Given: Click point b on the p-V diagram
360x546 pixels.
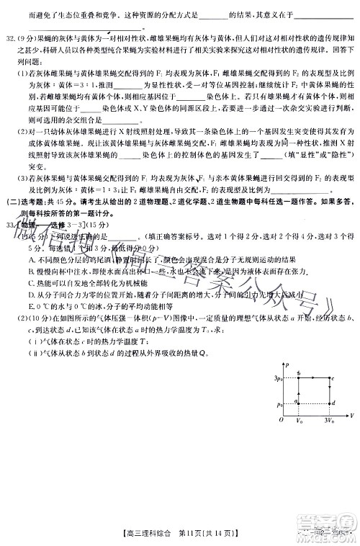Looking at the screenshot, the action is (x=300, y=377).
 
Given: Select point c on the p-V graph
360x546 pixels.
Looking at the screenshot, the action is (x=329, y=377).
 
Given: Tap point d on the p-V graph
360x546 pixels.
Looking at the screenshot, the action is (x=329, y=404).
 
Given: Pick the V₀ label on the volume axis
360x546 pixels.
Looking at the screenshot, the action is (x=299, y=419).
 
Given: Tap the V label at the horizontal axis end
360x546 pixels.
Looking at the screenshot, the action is (x=351, y=416).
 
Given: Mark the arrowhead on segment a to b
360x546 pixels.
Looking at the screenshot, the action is (x=300, y=393).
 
